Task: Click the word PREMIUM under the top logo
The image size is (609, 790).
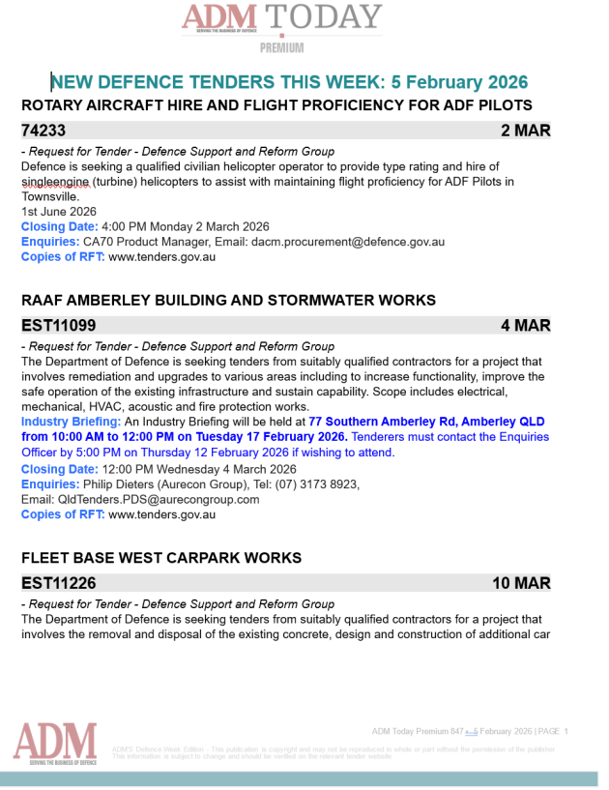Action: [281, 47]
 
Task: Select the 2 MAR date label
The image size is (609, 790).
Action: [525, 130]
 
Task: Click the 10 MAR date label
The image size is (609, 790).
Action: [521, 583]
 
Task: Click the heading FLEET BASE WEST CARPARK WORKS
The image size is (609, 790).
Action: [161, 558]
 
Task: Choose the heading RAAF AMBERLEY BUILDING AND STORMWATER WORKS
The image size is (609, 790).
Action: [228, 301]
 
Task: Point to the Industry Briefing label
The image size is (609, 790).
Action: [71, 422]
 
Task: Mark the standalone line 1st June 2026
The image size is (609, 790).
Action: [59, 211]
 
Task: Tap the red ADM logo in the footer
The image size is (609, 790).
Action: [55, 743]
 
